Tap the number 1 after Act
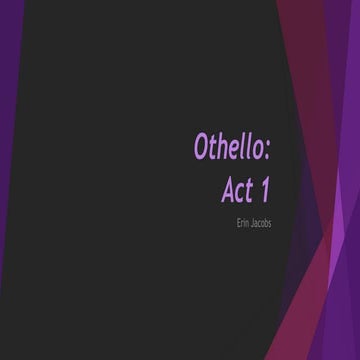pos(265,188)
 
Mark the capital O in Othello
pos(201,147)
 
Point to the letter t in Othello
pos(213,147)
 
